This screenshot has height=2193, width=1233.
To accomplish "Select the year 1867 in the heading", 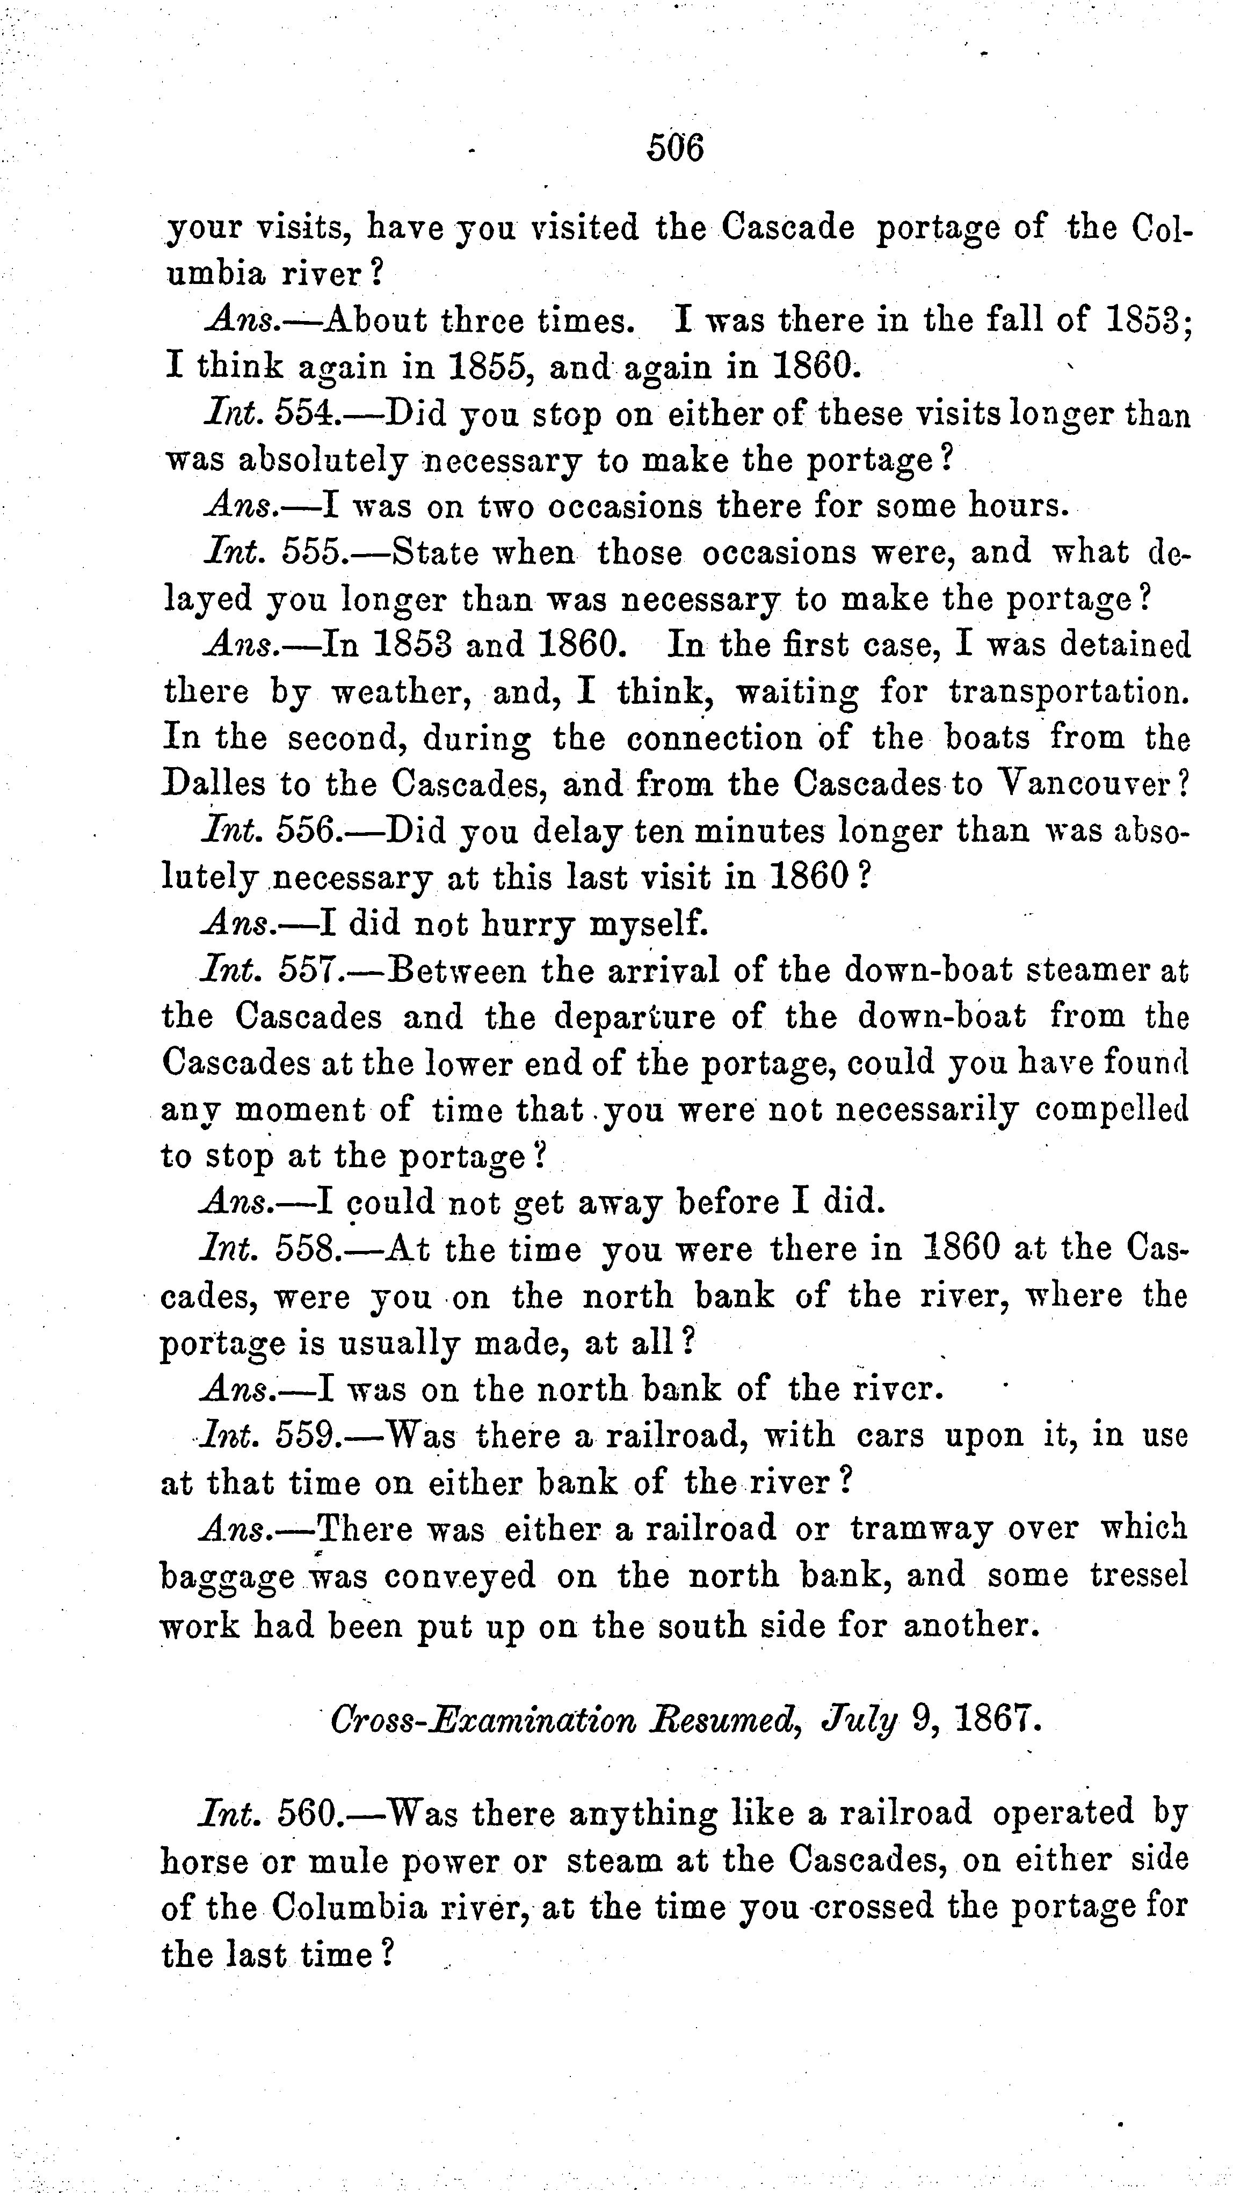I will tap(997, 1721).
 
